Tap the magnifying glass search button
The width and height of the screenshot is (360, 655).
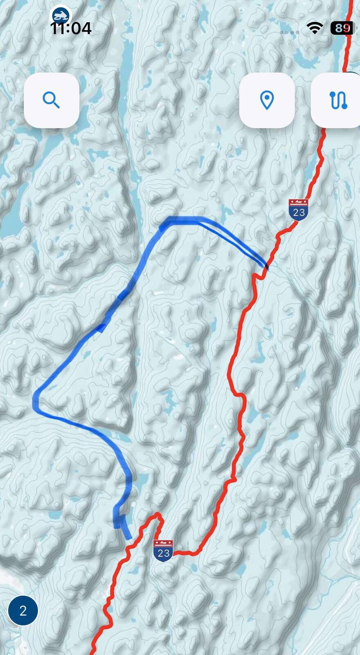(52, 100)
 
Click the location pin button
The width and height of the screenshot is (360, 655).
(267, 100)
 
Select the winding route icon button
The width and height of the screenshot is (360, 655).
(337, 100)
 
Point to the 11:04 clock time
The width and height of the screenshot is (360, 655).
(71, 28)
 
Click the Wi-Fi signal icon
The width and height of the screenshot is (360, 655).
(315, 27)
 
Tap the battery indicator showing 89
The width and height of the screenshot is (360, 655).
(342, 28)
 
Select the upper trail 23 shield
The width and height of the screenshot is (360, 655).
(298, 210)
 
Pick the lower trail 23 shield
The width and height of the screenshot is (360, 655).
(163, 551)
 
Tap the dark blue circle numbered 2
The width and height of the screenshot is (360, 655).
(23, 610)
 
